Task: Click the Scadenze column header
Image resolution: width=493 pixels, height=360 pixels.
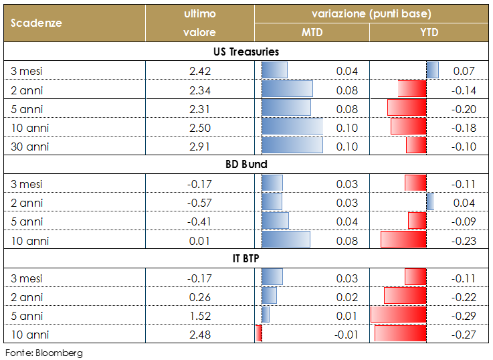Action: coord(37,22)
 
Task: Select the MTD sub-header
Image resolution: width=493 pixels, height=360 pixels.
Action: coord(312,32)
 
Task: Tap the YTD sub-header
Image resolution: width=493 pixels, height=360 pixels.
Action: coord(429,32)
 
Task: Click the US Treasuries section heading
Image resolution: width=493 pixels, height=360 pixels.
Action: coord(246,52)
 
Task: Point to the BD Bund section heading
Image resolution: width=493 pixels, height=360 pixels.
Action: coord(246,164)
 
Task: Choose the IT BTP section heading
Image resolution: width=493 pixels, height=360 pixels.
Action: coord(246,258)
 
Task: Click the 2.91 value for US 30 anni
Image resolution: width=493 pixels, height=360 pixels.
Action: coord(199,146)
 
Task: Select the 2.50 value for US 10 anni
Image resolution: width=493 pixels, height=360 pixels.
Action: coord(199,127)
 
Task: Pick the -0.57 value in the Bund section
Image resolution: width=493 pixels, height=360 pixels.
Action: coord(199,202)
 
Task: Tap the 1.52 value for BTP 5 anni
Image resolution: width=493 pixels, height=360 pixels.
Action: coord(199,314)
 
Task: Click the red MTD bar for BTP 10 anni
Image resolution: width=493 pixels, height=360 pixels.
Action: coord(259,333)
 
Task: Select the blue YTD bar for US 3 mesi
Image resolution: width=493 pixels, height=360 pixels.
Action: coord(432,70)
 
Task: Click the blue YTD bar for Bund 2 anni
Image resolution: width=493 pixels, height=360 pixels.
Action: coord(430,202)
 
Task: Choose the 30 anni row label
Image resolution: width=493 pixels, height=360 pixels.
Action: coord(30,146)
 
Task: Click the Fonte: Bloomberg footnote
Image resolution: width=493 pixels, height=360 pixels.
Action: coord(44,352)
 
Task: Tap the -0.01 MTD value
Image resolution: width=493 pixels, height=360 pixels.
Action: coord(346,333)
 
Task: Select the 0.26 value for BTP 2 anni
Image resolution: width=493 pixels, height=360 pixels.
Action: coord(199,296)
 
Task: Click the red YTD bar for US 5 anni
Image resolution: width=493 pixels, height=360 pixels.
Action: coord(407,108)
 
